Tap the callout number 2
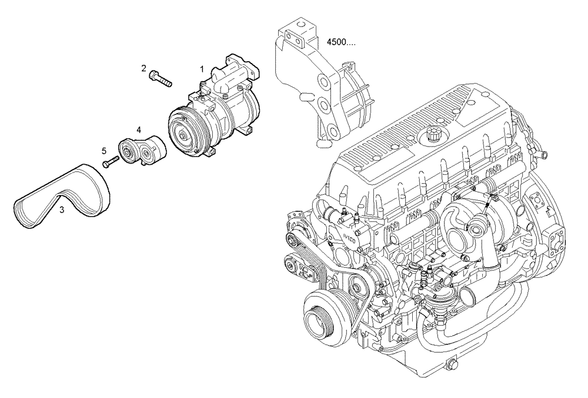click(143, 68)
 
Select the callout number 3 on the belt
click(61, 210)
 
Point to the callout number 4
click(139, 129)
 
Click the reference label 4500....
click(340, 42)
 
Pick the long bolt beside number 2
click(161, 78)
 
